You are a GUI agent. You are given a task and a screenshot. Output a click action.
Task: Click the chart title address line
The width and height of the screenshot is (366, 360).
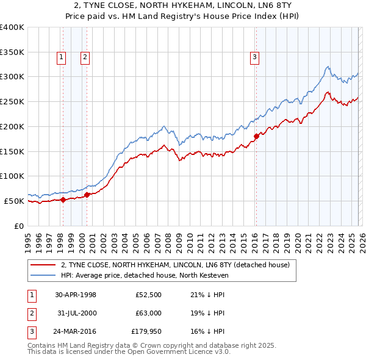tap(183, 5)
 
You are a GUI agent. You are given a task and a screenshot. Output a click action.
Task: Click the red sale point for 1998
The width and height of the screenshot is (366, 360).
tap(63, 200)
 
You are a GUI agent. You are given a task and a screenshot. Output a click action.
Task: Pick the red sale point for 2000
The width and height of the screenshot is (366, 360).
tap(87, 195)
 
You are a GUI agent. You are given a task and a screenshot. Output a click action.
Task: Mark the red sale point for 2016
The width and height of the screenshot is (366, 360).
tap(256, 136)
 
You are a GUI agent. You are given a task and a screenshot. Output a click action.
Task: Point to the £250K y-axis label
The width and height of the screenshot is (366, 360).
tap(12, 102)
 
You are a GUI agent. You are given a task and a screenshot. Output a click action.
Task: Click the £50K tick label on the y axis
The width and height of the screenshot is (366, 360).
tap(13, 201)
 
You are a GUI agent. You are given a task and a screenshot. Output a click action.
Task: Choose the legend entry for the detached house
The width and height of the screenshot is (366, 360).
tap(178, 265)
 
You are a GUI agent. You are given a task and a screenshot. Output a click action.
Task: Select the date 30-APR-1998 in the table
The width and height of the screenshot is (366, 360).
tap(76, 295)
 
